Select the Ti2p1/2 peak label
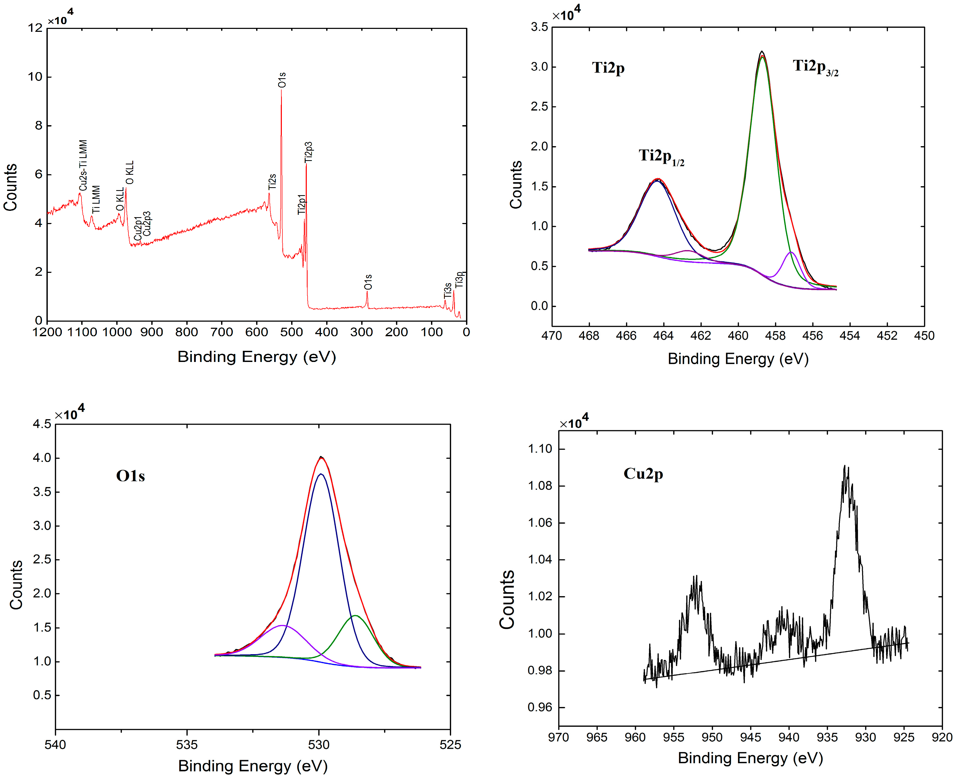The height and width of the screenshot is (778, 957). point(661,157)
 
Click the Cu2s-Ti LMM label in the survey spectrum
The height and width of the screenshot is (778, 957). point(83,165)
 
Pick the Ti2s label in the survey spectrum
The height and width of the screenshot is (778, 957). point(272,181)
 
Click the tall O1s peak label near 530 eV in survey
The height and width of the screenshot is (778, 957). point(282,80)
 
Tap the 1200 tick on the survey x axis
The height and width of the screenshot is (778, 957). point(47,332)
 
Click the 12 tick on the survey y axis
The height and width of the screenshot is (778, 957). point(35,28)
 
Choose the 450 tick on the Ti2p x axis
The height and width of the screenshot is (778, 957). point(924,336)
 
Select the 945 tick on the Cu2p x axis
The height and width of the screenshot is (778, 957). point(750,737)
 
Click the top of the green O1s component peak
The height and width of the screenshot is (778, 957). point(355,616)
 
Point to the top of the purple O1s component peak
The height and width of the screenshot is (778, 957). point(283,625)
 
